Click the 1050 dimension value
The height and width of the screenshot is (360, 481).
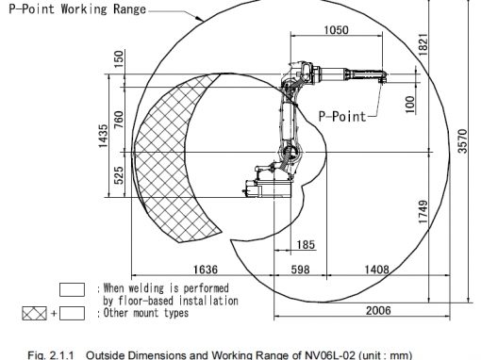click(x=336, y=30)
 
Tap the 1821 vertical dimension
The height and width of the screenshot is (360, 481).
click(x=423, y=45)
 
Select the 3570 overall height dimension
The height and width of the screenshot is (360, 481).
click(x=462, y=141)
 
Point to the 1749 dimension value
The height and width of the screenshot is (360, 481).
click(x=423, y=212)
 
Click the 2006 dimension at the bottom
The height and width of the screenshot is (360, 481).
click(x=378, y=310)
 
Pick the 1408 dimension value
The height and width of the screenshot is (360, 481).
click(x=376, y=270)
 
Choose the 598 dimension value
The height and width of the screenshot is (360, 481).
click(x=300, y=270)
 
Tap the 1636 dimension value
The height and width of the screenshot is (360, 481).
click(x=206, y=270)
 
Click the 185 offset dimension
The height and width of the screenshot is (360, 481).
click(x=306, y=244)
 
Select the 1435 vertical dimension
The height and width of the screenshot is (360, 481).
click(x=103, y=136)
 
